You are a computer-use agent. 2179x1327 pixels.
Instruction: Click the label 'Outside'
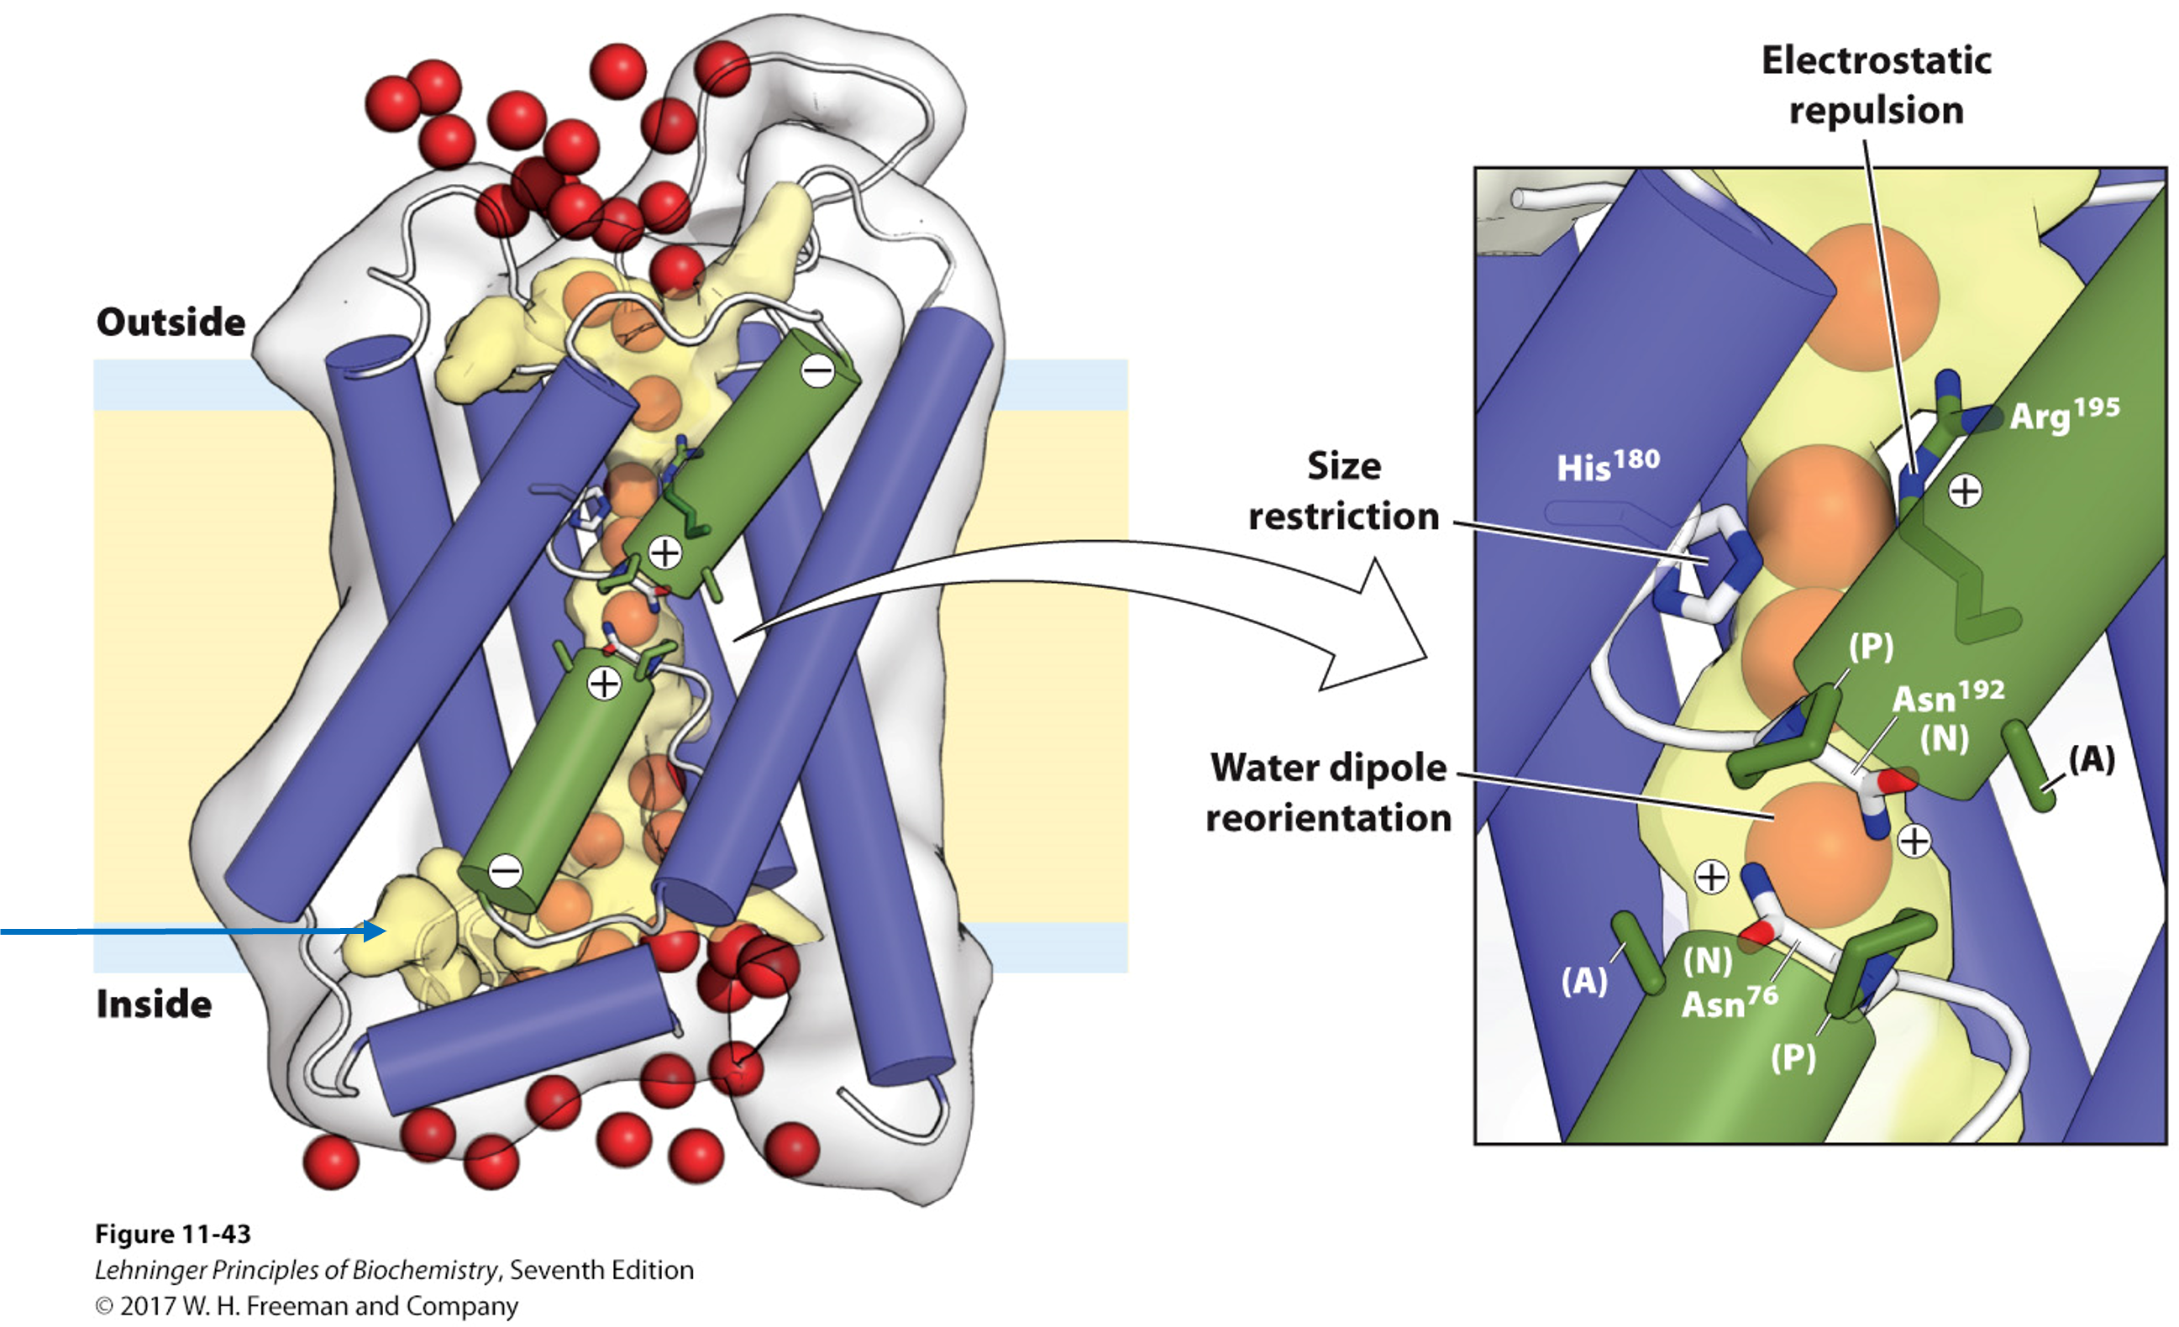tap(171, 323)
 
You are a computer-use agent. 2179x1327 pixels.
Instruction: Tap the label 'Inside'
tap(154, 1004)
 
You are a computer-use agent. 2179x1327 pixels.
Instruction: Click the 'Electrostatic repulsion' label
tap(1876, 86)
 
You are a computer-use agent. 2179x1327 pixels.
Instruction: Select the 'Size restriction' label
tap(1343, 490)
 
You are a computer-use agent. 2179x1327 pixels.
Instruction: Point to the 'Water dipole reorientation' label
tap(1328, 793)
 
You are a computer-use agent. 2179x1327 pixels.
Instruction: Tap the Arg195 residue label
tap(2064, 414)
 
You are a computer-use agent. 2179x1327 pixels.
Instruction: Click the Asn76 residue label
tap(1729, 1003)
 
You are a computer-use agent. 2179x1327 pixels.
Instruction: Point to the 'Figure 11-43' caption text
tap(173, 1233)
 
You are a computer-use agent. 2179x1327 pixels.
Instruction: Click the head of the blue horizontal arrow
tap(376, 931)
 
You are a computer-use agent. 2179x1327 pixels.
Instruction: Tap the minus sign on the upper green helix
tap(817, 371)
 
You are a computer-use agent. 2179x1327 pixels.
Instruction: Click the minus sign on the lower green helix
tap(505, 871)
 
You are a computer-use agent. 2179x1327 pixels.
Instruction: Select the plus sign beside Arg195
tap(1965, 490)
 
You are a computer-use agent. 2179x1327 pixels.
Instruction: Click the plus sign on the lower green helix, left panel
tap(604, 684)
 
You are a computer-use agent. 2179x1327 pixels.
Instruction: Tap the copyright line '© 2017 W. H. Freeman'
tap(306, 1306)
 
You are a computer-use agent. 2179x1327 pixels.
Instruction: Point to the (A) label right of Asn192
tap(2092, 758)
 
